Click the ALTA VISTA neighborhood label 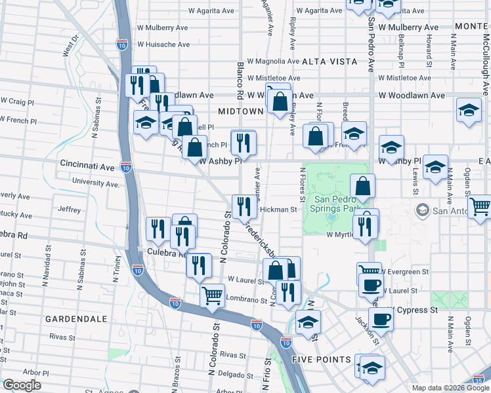[x=330, y=61]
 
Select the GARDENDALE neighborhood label [x=75, y=319]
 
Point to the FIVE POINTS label [x=322, y=360]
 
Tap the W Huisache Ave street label [x=163, y=45]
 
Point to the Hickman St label [x=279, y=210]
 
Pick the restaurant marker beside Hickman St [x=244, y=206]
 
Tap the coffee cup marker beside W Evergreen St [x=372, y=285]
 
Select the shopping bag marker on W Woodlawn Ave [x=280, y=102]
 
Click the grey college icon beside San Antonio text [x=422, y=210]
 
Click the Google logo [x=22, y=385]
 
